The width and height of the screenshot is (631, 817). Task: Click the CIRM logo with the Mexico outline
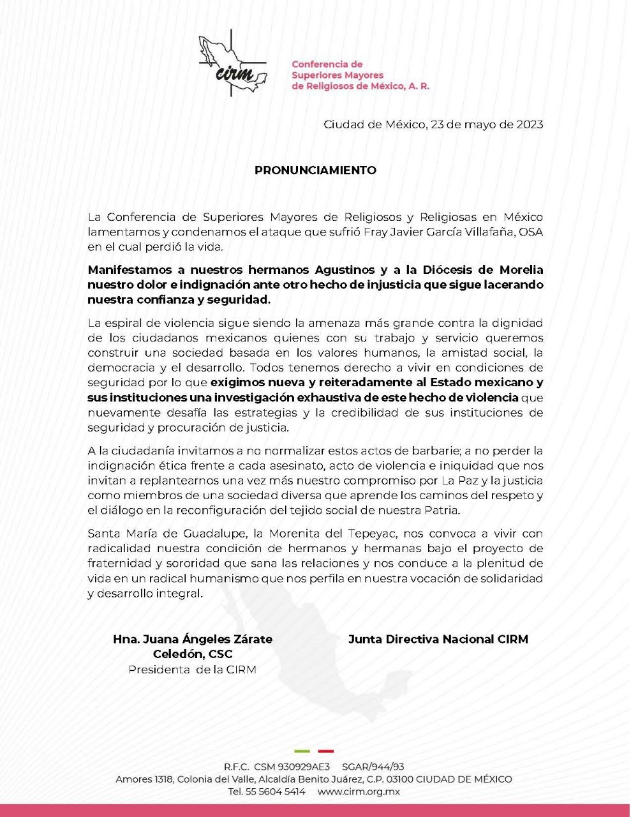tap(232, 66)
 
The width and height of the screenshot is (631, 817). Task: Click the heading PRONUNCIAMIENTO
tap(315, 170)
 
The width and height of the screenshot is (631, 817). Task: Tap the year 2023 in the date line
tap(529, 124)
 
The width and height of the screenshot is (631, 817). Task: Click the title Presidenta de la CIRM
tap(192, 670)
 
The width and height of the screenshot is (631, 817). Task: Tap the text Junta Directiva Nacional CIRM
tap(438, 639)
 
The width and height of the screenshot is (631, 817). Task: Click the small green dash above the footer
tap(302, 751)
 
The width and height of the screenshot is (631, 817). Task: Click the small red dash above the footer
tap(326, 751)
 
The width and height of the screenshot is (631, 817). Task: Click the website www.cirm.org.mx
tap(359, 792)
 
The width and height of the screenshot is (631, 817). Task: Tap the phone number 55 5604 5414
tap(276, 792)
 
